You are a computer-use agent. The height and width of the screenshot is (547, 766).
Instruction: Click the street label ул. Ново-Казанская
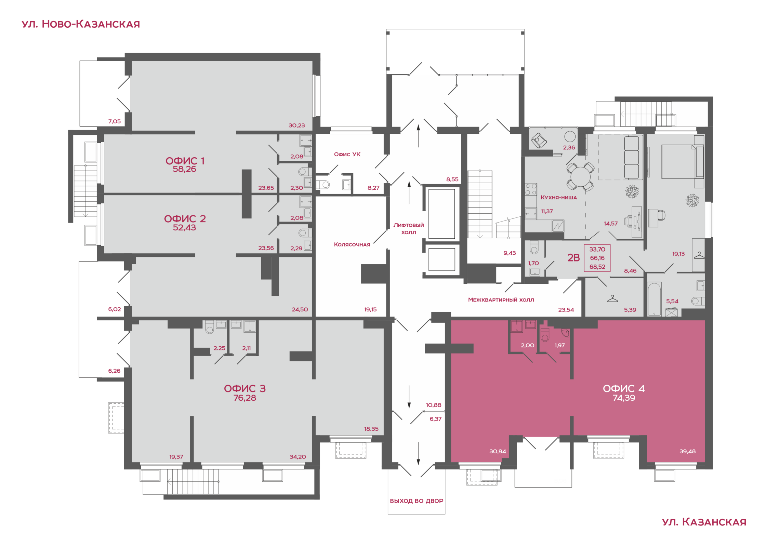(81, 24)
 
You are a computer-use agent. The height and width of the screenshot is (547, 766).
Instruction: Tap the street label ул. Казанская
(704, 522)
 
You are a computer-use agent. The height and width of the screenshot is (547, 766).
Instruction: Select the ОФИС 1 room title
(185, 161)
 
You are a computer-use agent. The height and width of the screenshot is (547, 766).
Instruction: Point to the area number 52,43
(184, 228)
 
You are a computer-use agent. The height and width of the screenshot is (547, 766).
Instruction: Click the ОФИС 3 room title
(245, 388)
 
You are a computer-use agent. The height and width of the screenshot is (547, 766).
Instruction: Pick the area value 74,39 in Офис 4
(624, 398)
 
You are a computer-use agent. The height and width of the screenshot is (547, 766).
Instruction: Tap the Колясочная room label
(352, 244)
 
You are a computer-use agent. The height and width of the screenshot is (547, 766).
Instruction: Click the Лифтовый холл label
(409, 228)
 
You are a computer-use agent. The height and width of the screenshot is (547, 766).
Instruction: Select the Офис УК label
(347, 154)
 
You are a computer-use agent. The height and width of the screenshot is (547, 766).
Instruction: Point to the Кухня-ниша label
(558, 197)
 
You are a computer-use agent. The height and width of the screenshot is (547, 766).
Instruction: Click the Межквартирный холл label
(501, 299)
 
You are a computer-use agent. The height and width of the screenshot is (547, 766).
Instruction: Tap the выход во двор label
(417, 501)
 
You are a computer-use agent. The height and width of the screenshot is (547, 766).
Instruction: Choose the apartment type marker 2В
(573, 258)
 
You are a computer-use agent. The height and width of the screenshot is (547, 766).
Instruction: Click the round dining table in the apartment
(580, 177)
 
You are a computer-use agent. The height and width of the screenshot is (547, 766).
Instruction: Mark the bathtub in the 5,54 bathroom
(654, 299)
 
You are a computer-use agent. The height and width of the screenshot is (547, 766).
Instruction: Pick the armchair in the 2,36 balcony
(539, 140)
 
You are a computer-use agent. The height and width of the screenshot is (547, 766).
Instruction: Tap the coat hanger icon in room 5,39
(612, 299)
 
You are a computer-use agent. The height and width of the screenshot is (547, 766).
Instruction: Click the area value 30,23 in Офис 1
(296, 125)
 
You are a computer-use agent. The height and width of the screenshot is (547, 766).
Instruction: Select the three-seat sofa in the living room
(631, 158)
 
